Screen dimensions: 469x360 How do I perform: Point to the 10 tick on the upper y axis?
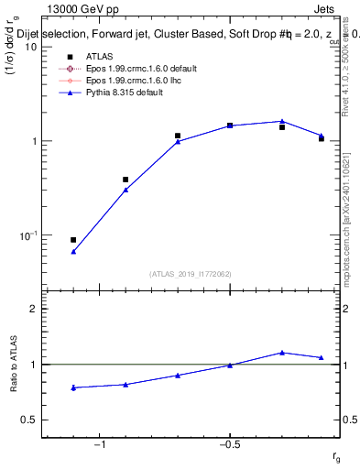point(28,47)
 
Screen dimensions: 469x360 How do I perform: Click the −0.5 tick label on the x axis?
point(229,444)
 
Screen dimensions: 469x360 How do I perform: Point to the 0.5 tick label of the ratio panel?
point(27,420)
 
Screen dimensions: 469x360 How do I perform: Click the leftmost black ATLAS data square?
point(73,240)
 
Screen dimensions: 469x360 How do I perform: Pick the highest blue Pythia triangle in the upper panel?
point(282,121)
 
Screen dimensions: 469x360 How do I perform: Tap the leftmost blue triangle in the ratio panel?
point(73,387)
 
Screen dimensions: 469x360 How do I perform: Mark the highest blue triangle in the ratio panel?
point(282,353)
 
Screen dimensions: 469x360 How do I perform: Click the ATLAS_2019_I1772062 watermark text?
point(190,273)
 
